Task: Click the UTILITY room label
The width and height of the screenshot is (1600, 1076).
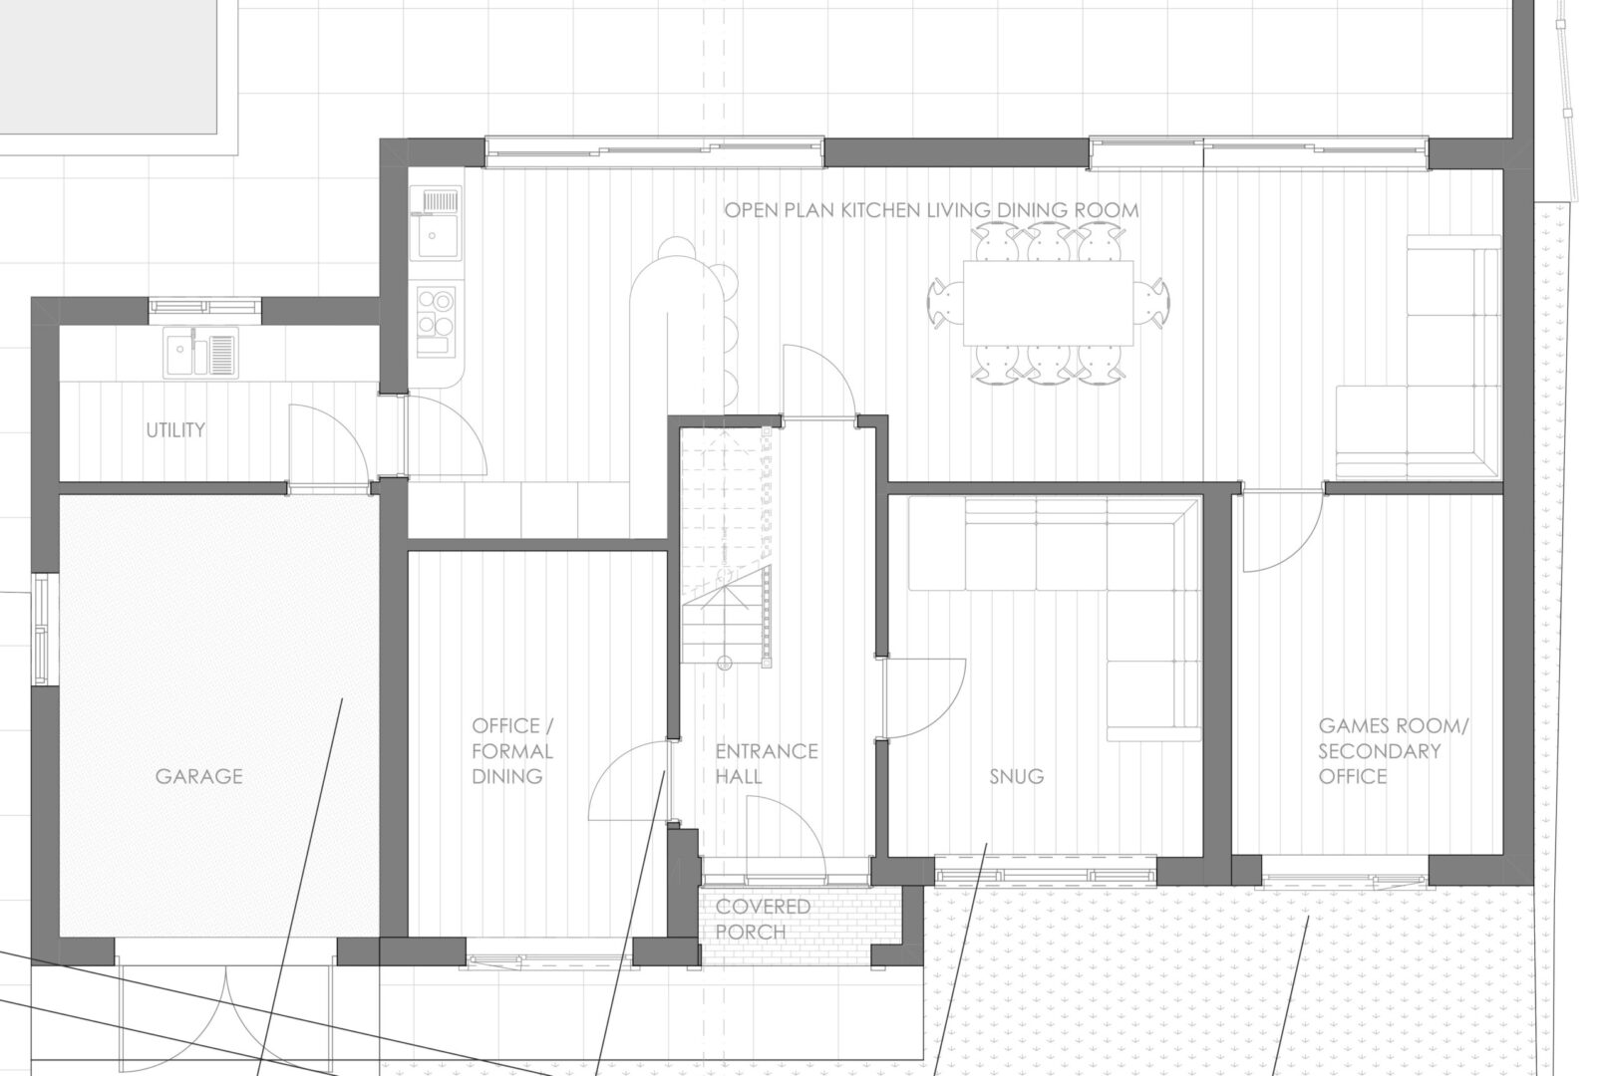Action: [x=175, y=429]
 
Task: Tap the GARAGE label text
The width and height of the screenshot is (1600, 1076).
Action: [x=199, y=776]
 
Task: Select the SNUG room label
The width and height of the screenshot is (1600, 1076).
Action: [x=1017, y=776]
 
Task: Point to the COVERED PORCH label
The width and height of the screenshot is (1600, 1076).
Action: [x=763, y=919]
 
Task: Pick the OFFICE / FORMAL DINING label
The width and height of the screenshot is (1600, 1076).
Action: [x=512, y=751]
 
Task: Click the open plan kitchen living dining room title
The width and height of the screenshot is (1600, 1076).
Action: [x=931, y=210]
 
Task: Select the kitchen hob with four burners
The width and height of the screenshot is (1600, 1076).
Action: [x=436, y=321]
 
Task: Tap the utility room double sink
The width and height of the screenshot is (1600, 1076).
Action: [x=200, y=352]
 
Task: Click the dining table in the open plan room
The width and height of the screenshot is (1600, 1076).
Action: [x=1048, y=303]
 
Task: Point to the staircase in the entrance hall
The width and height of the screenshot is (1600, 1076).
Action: [x=726, y=546]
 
